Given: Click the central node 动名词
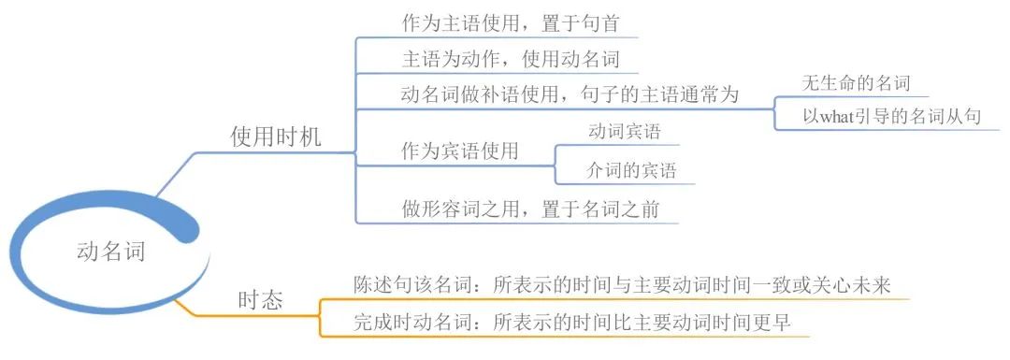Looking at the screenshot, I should pos(110,251).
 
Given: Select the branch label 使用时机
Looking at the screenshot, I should pos(276,137).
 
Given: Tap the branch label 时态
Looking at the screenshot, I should pos(260,299).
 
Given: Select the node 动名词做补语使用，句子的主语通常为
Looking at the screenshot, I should pos(570,94).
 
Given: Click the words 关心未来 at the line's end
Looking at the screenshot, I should pos(875,284).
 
